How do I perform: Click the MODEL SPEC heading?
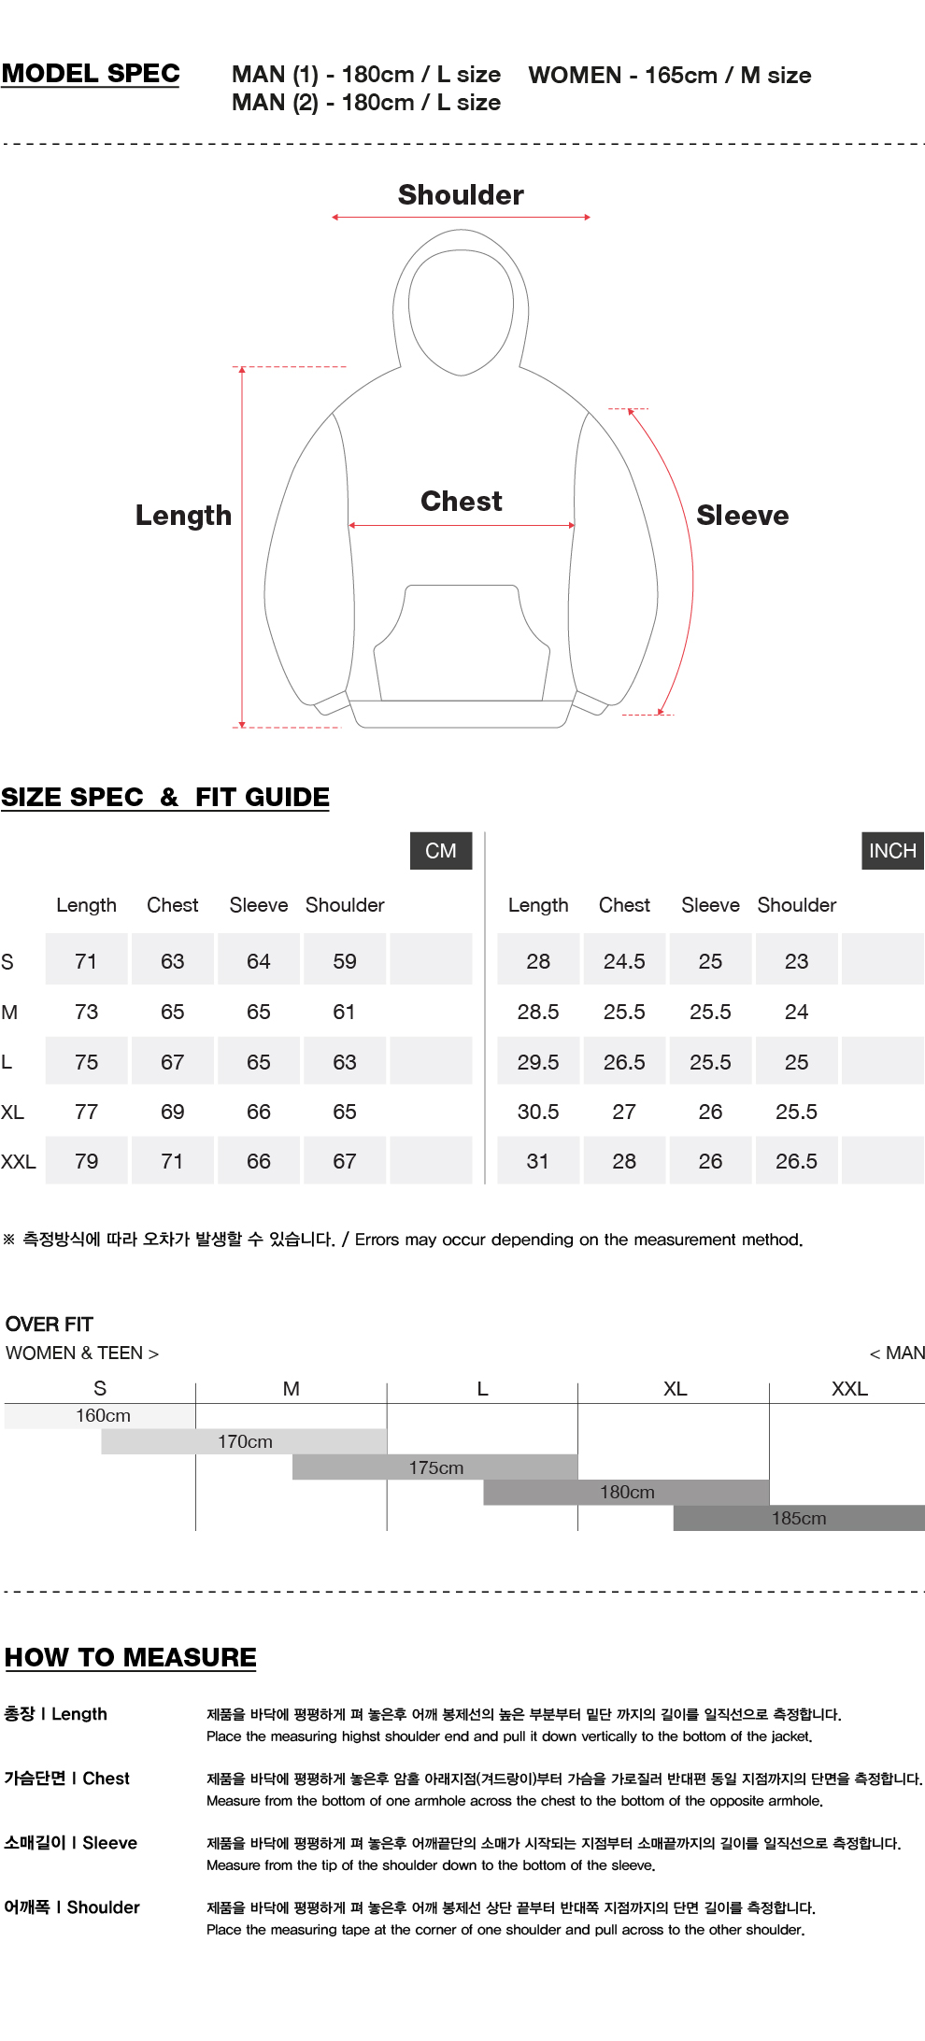click(91, 74)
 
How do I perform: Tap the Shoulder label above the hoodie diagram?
click(461, 195)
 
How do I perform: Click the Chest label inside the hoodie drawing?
click(462, 502)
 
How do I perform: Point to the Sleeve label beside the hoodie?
click(743, 516)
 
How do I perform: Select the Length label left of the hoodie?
click(183, 516)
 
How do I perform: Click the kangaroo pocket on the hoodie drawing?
click(462, 643)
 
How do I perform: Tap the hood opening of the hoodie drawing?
click(462, 312)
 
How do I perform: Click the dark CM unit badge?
click(441, 851)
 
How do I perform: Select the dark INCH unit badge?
click(892, 851)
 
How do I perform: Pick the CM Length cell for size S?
click(86, 961)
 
